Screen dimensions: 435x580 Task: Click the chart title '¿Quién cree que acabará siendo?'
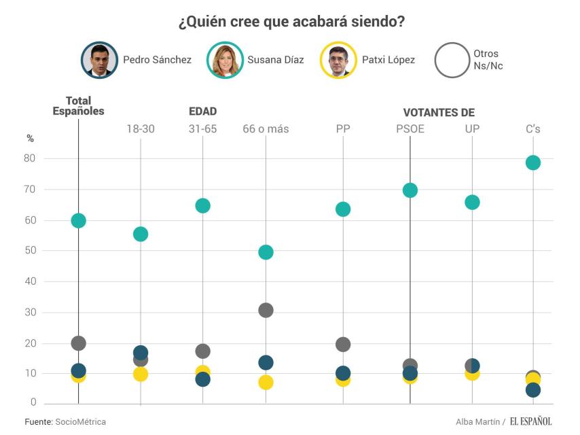pos(291,22)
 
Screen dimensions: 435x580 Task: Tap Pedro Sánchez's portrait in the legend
pos(100,60)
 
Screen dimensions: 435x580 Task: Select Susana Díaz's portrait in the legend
pos(225,60)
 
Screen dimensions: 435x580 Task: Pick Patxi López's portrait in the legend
pos(339,60)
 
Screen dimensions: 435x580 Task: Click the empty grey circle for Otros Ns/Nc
pos(452,60)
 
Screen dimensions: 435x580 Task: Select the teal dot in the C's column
pos(533,162)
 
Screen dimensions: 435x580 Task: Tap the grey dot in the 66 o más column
pos(266,310)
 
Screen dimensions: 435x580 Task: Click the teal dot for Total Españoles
pos(78,220)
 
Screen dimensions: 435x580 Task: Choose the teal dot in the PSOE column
pos(410,190)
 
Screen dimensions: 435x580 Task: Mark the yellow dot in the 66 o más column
pos(266,383)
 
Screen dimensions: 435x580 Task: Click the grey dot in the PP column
pos(343,345)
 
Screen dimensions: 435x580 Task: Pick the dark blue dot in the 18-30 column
pos(141,352)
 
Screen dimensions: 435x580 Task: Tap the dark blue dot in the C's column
pos(533,390)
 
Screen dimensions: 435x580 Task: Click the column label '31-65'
pos(202,128)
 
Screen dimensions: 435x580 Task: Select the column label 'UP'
pos(472,128)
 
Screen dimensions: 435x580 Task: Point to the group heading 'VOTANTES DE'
pos(439,113)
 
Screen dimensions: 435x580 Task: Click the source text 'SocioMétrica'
pos(80,422)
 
